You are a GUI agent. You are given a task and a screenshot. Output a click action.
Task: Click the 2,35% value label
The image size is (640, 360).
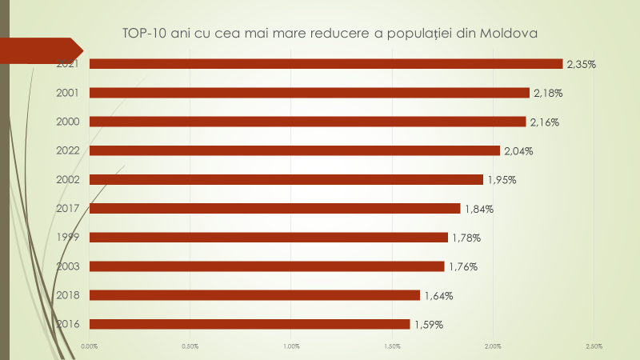tap(582, 64)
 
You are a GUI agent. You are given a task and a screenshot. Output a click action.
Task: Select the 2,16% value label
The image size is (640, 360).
tap(544, 122)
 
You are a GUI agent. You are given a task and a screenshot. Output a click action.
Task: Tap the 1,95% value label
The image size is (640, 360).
tap(502, 180)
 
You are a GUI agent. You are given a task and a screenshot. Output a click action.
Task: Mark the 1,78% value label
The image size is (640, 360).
tap(466, 238)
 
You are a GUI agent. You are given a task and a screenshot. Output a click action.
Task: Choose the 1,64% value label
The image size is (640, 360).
tap(438, 296)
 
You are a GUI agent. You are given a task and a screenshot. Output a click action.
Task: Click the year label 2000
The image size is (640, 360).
tap(67, 122)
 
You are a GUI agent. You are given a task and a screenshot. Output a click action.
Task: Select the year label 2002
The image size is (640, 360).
tap(67, 180)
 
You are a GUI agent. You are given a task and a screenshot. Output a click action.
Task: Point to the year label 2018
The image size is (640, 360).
tap(67, 295)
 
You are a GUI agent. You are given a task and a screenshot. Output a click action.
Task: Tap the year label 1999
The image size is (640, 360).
tap(67, 238)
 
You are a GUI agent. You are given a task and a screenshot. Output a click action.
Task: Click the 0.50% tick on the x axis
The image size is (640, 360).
tap(190, 346)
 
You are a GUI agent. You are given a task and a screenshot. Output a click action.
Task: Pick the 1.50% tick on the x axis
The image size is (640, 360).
tap(392, 346)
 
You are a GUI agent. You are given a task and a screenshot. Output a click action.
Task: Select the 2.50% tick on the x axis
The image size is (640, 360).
tap(594, 346)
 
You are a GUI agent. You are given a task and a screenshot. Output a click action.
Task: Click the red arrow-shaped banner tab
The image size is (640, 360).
tap(40, 50)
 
